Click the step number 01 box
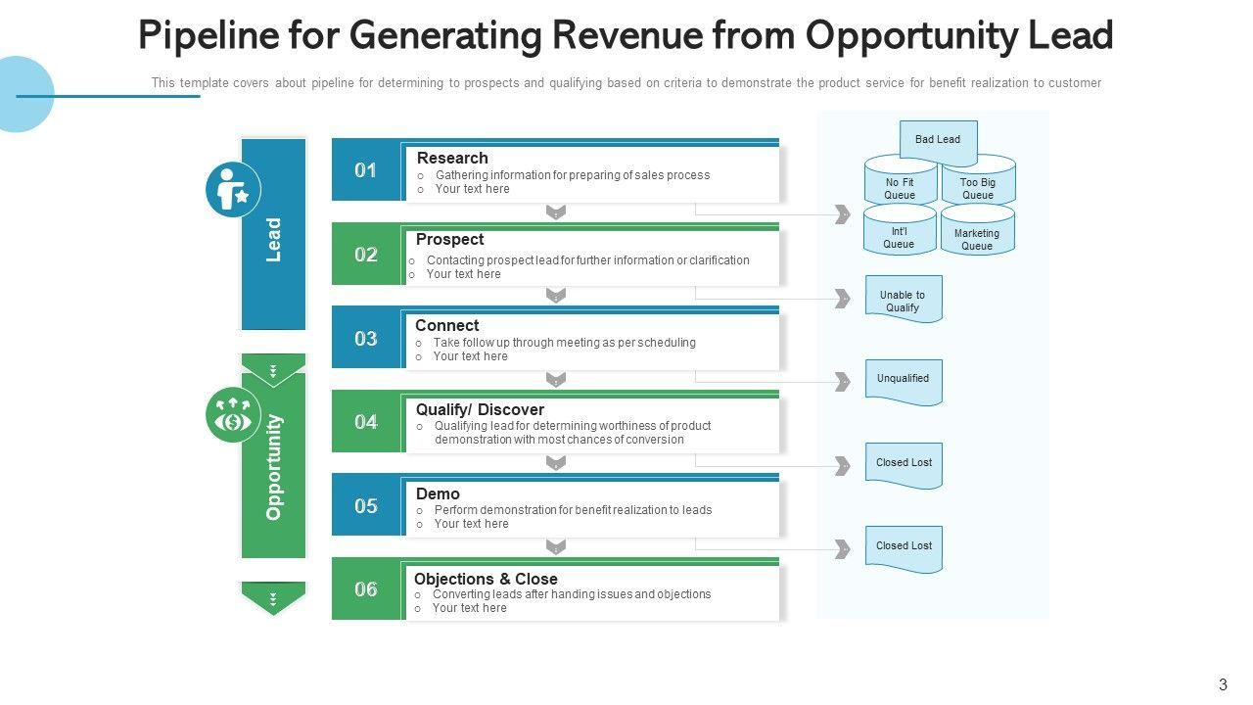click(366, 170)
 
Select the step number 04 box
click(366, 422)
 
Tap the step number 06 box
click(366, 589)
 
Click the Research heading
click(452, 158)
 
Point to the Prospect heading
click(449, 239)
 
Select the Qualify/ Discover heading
click(480, 409)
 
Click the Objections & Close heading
click(486, 579)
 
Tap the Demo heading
click(438, 493)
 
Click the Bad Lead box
click(938, 140)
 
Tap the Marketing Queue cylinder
click(977, 236)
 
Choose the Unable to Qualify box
click(903, 300)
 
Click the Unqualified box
click(903, 380)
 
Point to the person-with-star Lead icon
click(233, 190)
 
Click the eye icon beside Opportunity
click(233, 415)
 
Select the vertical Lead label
click(274, 239)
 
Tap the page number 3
click(1223, 685)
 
